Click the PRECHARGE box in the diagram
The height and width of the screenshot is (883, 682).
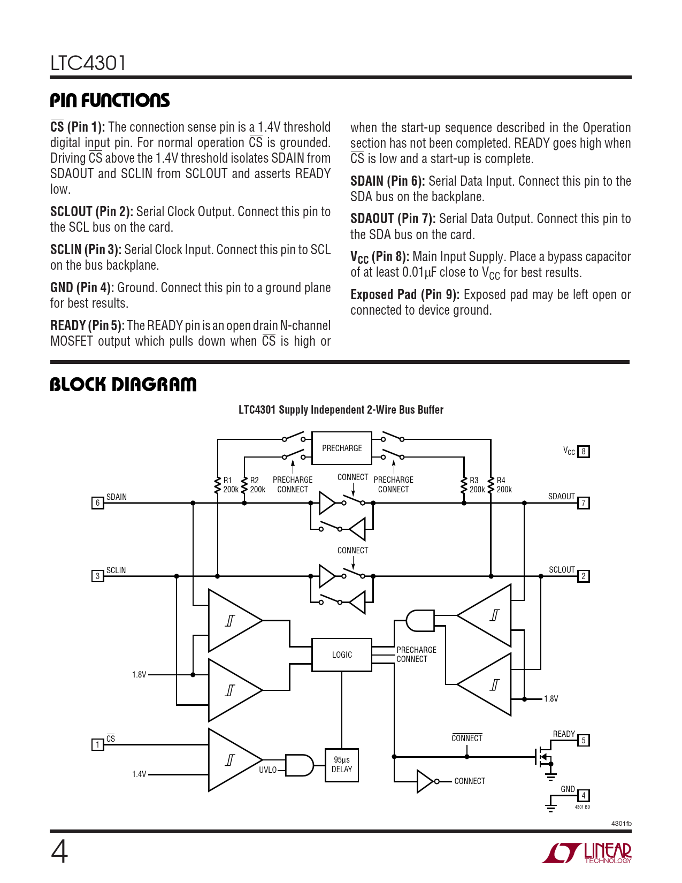[342, 448]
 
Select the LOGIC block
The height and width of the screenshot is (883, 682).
[342, 654]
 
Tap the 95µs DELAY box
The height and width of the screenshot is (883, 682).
[342, 765]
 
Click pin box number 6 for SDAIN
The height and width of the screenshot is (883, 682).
[97, 503]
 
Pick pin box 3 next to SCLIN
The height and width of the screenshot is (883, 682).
[97, 576]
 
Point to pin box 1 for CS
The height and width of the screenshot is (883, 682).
[97, 744]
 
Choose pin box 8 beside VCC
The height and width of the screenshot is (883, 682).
[584, 452]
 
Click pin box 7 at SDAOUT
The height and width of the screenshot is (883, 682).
[584, 503]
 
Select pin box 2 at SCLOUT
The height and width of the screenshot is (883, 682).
[584, 576]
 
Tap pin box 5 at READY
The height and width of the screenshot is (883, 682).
[584, 741]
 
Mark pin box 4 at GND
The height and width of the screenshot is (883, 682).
[584, 796]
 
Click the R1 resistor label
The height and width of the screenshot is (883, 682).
[228, 481]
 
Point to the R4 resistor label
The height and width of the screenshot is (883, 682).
[501, 481]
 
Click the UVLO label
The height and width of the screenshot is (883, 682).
[268, 770]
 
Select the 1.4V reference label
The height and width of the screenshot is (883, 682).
[139, 774]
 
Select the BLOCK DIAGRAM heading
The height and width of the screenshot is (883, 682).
[123, 384]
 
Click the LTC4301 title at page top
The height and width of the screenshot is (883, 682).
[88, 63]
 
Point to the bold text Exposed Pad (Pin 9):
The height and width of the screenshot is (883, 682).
[405, 295]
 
